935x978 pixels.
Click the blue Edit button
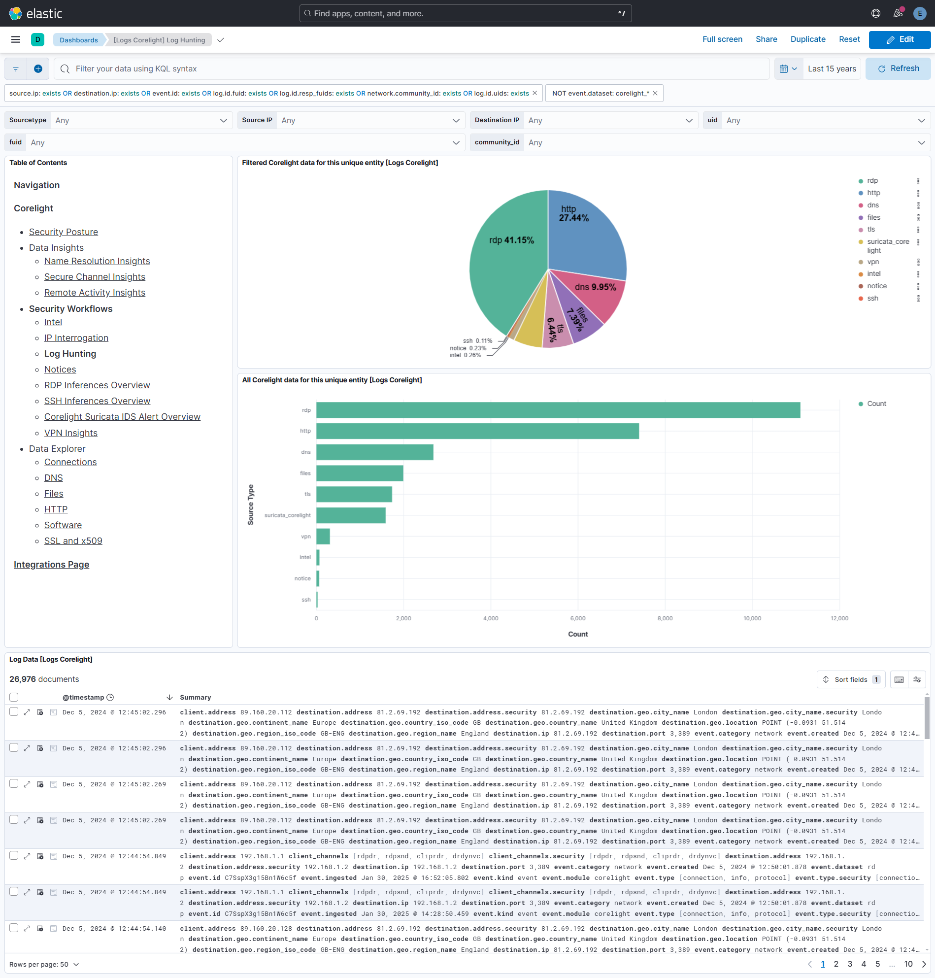click(x=899, y=39)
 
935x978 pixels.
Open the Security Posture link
click(x=63, y=232)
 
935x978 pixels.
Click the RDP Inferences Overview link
click(x=97, y=385)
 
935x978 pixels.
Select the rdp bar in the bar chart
click(x=558, y=410)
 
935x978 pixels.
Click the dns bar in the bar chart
click(x=374, y=452)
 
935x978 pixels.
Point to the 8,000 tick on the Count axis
click(x=665, y=618)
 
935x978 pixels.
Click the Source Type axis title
click(x=251, y=505)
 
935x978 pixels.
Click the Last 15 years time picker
click(x=832, y=69)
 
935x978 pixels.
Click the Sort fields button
click(x=850, y=679)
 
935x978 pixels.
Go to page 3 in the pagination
click(x=850, y=964)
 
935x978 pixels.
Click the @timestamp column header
click(x=83, y=697)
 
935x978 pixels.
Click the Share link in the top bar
click(x=766, y=39)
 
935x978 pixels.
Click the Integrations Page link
click(x=51, y=564)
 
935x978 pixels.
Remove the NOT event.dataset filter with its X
click(x=655, y=93)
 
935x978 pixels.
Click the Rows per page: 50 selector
click(x=44, y=964)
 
